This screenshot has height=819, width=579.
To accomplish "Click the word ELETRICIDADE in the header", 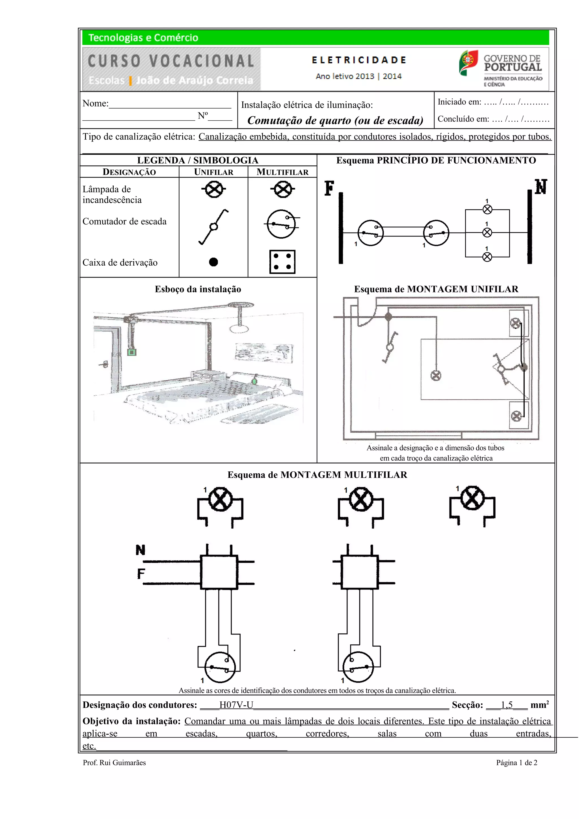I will click(x=358, y=60).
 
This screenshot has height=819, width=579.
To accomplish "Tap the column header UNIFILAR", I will click(x=213, y=172).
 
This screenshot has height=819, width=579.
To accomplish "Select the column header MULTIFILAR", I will click(x=282, y=172).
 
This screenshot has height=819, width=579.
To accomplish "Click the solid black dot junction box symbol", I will click(x=213, y=262).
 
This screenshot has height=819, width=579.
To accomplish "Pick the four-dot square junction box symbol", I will click(x=282, y=262).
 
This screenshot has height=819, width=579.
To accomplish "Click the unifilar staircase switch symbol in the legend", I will click(x=213, y=227).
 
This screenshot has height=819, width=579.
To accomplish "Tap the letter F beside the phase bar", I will click(x=329, y=188).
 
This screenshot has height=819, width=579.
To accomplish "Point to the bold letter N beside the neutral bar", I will click(x=541, y=187).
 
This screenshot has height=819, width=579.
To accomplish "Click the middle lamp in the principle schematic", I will click(x=487, y=233).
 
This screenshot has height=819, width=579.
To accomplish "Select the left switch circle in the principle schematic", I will click(x=370, y=233).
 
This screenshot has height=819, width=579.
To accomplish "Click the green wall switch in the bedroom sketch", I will click(x=132, y=352).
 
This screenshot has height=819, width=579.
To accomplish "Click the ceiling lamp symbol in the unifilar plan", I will click(x=436, y=375).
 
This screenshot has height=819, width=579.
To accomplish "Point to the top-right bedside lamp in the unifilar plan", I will click(x=515, y=324).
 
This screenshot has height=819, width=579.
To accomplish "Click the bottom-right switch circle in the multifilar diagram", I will click(x=358, y=667).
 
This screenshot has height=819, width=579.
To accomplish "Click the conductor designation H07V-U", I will click(x=236, y=705).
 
